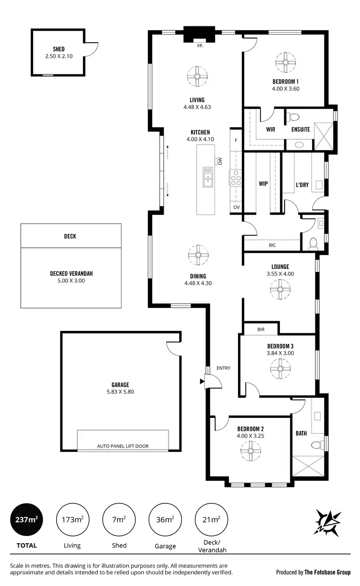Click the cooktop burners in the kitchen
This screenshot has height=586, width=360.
[x=236, y=179]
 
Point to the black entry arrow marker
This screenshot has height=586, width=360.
[x=202, y=382]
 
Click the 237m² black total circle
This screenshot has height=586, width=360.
[x=27, y=520]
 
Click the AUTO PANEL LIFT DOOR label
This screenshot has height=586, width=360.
[x=123, y=446]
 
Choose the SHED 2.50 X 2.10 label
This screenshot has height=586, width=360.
[x=59, y=52]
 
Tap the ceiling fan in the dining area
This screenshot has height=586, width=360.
[x=197, y=255]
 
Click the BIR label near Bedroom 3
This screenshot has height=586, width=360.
[x=261, y=330]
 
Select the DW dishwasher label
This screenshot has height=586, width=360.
[x=220, y=161]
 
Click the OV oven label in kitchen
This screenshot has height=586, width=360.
[x=236, y=207]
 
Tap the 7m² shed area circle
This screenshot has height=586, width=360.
[x=119, y=520]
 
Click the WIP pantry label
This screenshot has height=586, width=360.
[x=263, y=183]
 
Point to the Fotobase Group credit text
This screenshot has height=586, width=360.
[x=313, y=572]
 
